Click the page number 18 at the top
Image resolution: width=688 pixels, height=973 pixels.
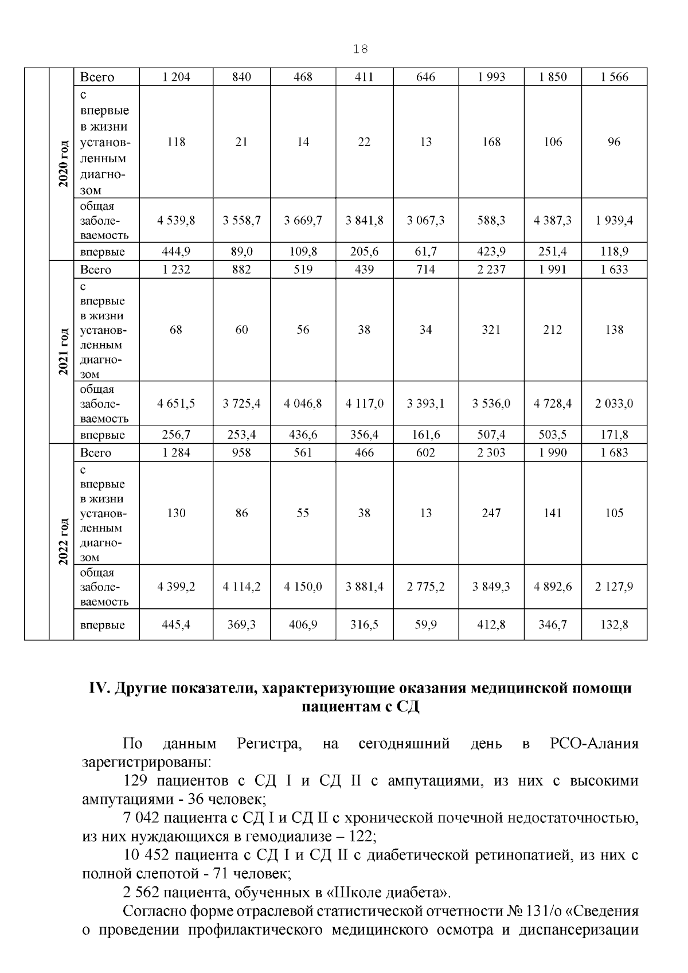point(361,49)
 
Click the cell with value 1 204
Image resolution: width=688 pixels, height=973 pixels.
point(176,77)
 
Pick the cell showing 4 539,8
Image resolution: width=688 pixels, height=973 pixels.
point(176,220)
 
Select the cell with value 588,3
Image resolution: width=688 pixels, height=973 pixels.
point(491,220)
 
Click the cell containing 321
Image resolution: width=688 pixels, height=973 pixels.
point(491,330)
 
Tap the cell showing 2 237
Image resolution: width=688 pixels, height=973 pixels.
point(491,269)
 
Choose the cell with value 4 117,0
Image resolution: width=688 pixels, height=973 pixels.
point(365,404)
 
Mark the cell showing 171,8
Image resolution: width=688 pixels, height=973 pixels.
point(614,435)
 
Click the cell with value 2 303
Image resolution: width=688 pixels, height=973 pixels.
point(491,452)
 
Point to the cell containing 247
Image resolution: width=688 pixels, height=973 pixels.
point(491,513)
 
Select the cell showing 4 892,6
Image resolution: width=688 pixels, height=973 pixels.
point(553,587)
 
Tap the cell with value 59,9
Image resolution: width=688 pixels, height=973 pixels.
point(425,624)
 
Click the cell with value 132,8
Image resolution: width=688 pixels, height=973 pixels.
point(614,624)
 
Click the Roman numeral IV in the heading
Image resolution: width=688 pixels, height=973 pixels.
point(100,688)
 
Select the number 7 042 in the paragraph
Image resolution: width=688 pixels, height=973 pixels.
point(141,818)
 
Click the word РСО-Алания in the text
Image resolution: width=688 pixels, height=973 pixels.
point(594,744)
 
